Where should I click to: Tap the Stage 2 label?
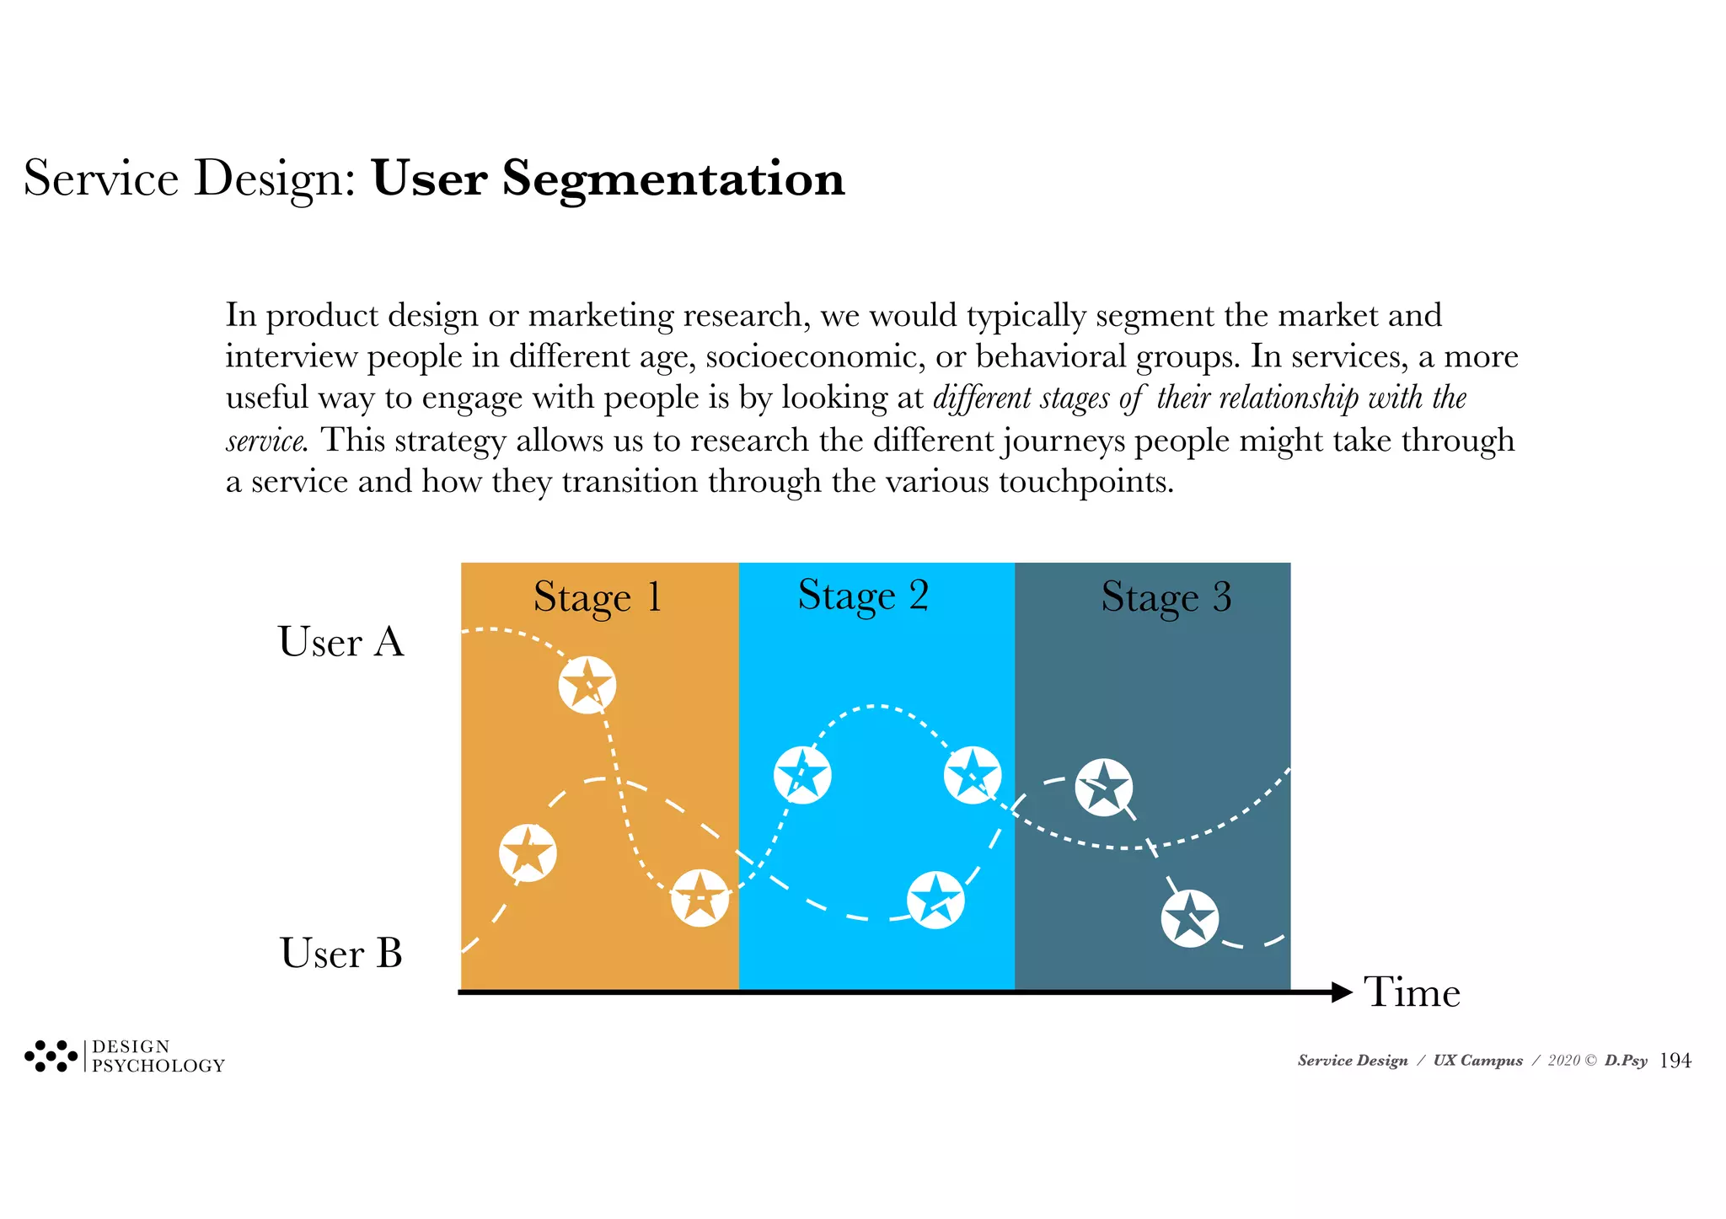[862, 596]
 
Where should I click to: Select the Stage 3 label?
[1166, 597]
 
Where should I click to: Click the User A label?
[340, 642]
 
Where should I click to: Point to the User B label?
[340, 954]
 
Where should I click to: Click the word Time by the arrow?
[1412, 992]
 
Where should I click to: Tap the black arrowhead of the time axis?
[1341, 992]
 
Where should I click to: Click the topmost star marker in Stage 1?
[587, 685]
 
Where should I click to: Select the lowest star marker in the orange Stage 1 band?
[700, 898]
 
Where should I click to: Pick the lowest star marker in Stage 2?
[935, 900]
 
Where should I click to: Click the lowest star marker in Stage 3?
[1189, 918]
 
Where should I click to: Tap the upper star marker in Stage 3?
[1103, 787]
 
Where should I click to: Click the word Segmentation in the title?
[673, 179]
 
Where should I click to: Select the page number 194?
[1675, 1061]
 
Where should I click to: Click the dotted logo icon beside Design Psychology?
[51, 1056]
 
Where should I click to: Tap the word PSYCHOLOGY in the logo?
[158, 1066]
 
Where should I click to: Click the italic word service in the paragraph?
[265, 441]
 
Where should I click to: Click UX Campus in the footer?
[1477, 1061]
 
